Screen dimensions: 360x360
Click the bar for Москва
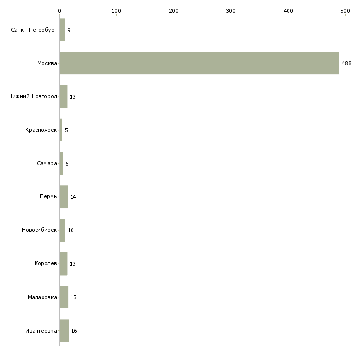click(x=199, y=63)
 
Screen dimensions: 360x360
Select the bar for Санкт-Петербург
click(x=62, y=30)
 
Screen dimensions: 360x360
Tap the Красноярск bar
click(x=61, y=130)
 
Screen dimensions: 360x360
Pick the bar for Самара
click(x=61, y=163)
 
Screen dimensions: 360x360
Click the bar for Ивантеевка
click(x=64, y=330)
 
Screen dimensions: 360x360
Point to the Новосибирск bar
click(x=62, y=230)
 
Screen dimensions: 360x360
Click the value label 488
click(x=346, y=63)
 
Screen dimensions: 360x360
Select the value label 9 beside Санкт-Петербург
click(x=69, y=30)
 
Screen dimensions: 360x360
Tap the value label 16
click(x=74, y=331)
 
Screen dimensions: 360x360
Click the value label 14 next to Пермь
click(x=73, y=197)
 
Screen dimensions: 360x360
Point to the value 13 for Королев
click(x=72, y=264)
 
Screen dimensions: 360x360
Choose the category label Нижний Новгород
click(x=33, y=97)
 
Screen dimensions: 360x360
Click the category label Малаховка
click(x=42, y=297)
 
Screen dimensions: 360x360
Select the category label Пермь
click(x=48, y=197)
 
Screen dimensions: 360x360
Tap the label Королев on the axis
click(x=46, y=263)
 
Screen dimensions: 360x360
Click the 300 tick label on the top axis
click(x=231, y=11)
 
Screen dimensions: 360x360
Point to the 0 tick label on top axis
click(x=60, y=11)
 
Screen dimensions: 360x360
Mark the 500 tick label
click(x=345, y=11)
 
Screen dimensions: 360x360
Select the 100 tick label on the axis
click(x=116, y=11)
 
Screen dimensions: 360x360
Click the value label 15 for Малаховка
click(x=73, y=297)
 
